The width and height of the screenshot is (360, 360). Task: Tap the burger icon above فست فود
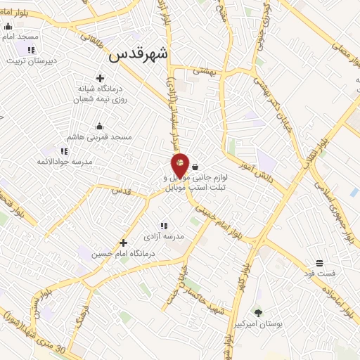click(x=320, y=262)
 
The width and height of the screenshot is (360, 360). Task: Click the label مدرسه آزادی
click(x=163, y=236)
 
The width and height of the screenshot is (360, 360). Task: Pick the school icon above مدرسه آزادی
click(x=163, y=226)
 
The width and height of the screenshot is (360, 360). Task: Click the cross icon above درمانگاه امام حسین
click(x=123, y=242)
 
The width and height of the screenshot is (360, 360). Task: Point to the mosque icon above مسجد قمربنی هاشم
click(x=99, y=125)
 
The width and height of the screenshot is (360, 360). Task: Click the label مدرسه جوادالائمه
click(x=64, y=162)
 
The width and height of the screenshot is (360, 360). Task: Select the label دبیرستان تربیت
click(x=31, y=60)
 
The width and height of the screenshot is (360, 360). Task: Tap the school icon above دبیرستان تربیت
click(x=31, y=50)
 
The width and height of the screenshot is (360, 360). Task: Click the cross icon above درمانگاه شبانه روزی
click(x=99, y=78)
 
